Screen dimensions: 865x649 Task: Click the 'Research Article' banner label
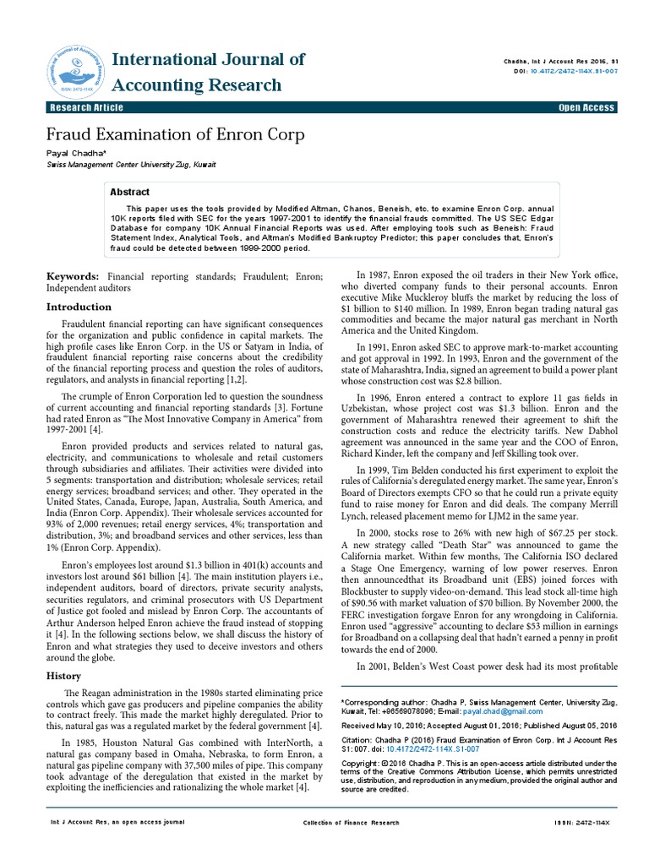click(86, 107)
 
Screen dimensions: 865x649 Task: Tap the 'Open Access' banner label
click(586, 107)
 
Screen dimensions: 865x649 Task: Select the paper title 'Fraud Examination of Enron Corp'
click(175, 135)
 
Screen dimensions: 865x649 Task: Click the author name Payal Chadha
click(75, 154)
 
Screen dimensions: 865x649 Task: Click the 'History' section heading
click(63, 676)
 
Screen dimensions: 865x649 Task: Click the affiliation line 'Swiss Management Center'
click(130, 166)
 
